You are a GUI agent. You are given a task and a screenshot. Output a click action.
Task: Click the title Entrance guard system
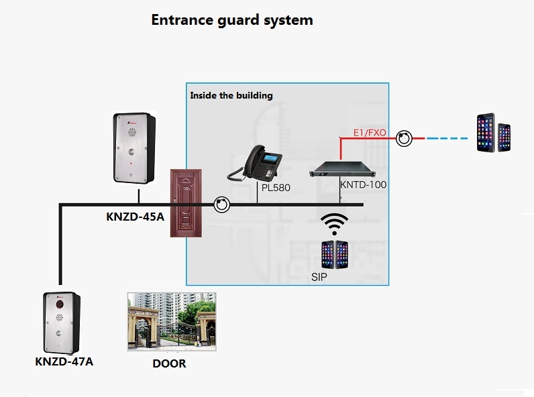(231, 19)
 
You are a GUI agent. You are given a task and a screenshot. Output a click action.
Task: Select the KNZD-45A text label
(135, 217)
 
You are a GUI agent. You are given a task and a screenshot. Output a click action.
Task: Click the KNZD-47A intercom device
(62, 323)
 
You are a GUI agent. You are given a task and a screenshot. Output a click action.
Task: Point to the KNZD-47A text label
(64, 362)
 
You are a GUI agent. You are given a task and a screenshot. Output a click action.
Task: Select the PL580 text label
(276, 188)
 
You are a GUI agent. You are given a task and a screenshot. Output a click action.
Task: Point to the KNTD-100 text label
(363, 184)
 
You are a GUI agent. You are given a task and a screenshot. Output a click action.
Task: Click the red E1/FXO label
(370, 133)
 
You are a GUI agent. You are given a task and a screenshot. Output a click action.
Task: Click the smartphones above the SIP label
(335, 255)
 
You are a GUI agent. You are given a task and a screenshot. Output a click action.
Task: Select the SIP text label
(319, 276)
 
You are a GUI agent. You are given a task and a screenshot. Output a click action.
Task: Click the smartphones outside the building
(493, 133)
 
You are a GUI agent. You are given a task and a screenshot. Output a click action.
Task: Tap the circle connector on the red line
(403, 137)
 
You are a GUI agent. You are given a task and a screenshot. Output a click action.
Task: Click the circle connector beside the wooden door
(221, 204)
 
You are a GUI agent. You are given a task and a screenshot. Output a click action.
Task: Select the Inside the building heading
(231, 95)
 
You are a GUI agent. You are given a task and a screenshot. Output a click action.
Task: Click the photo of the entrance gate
(172, 321)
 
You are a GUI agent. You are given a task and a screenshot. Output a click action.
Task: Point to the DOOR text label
(169, 363)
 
